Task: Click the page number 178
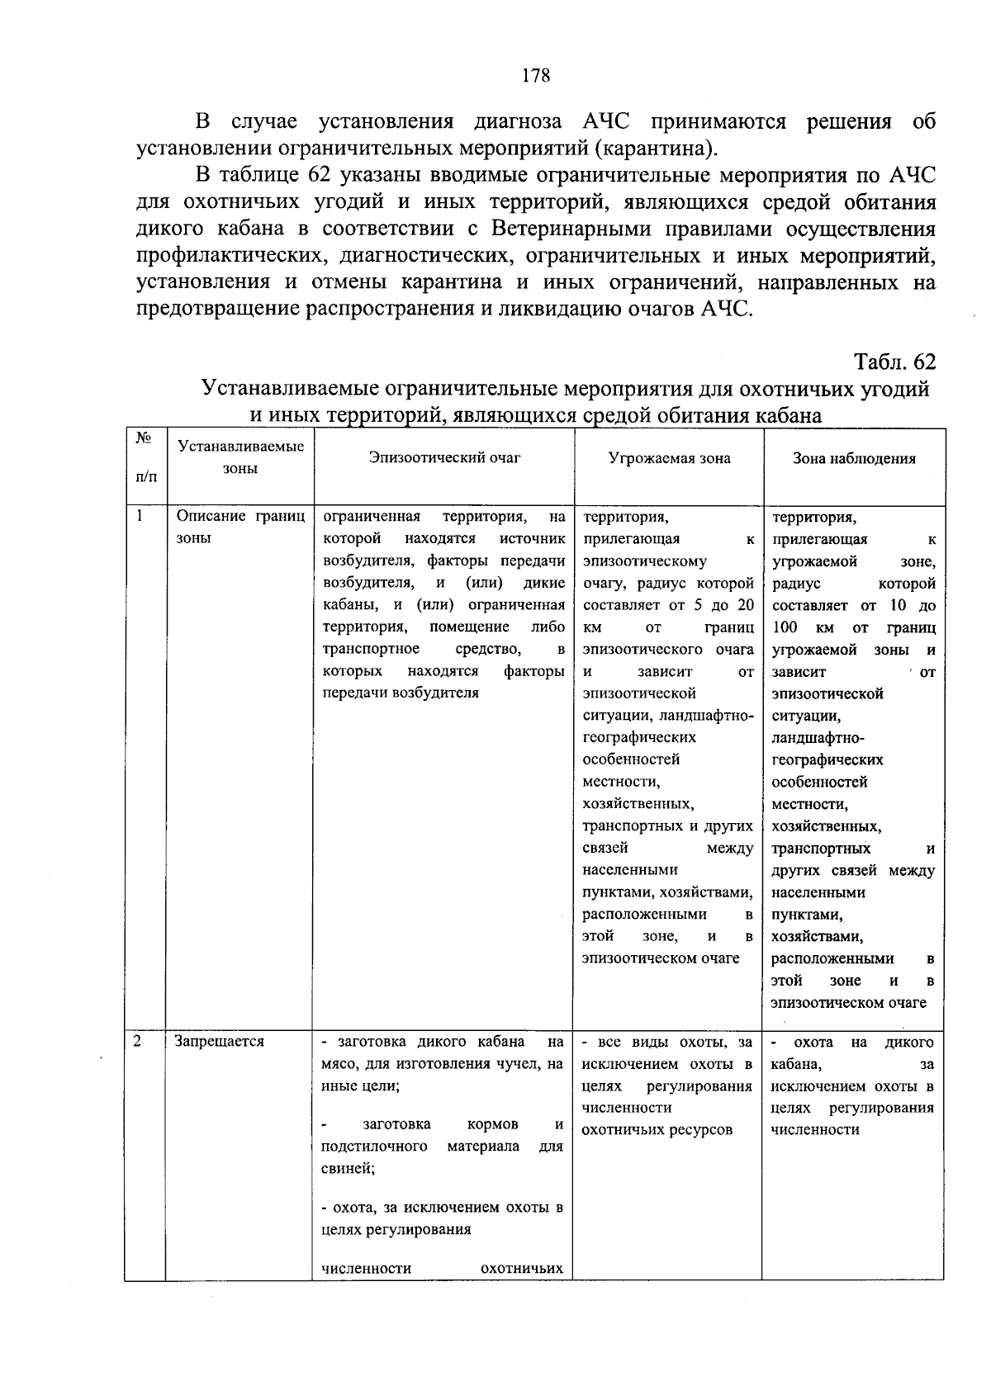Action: [536, 76]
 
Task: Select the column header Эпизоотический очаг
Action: [444, 457]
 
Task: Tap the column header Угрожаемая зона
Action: [669, 458]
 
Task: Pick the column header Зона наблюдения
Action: [854, 458]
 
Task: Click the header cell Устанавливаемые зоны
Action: [240, 457]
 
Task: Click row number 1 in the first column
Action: [140, 517]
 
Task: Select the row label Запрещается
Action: [220, 1042]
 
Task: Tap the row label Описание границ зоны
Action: [239, 527]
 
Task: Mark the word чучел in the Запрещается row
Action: [514, 1064]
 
